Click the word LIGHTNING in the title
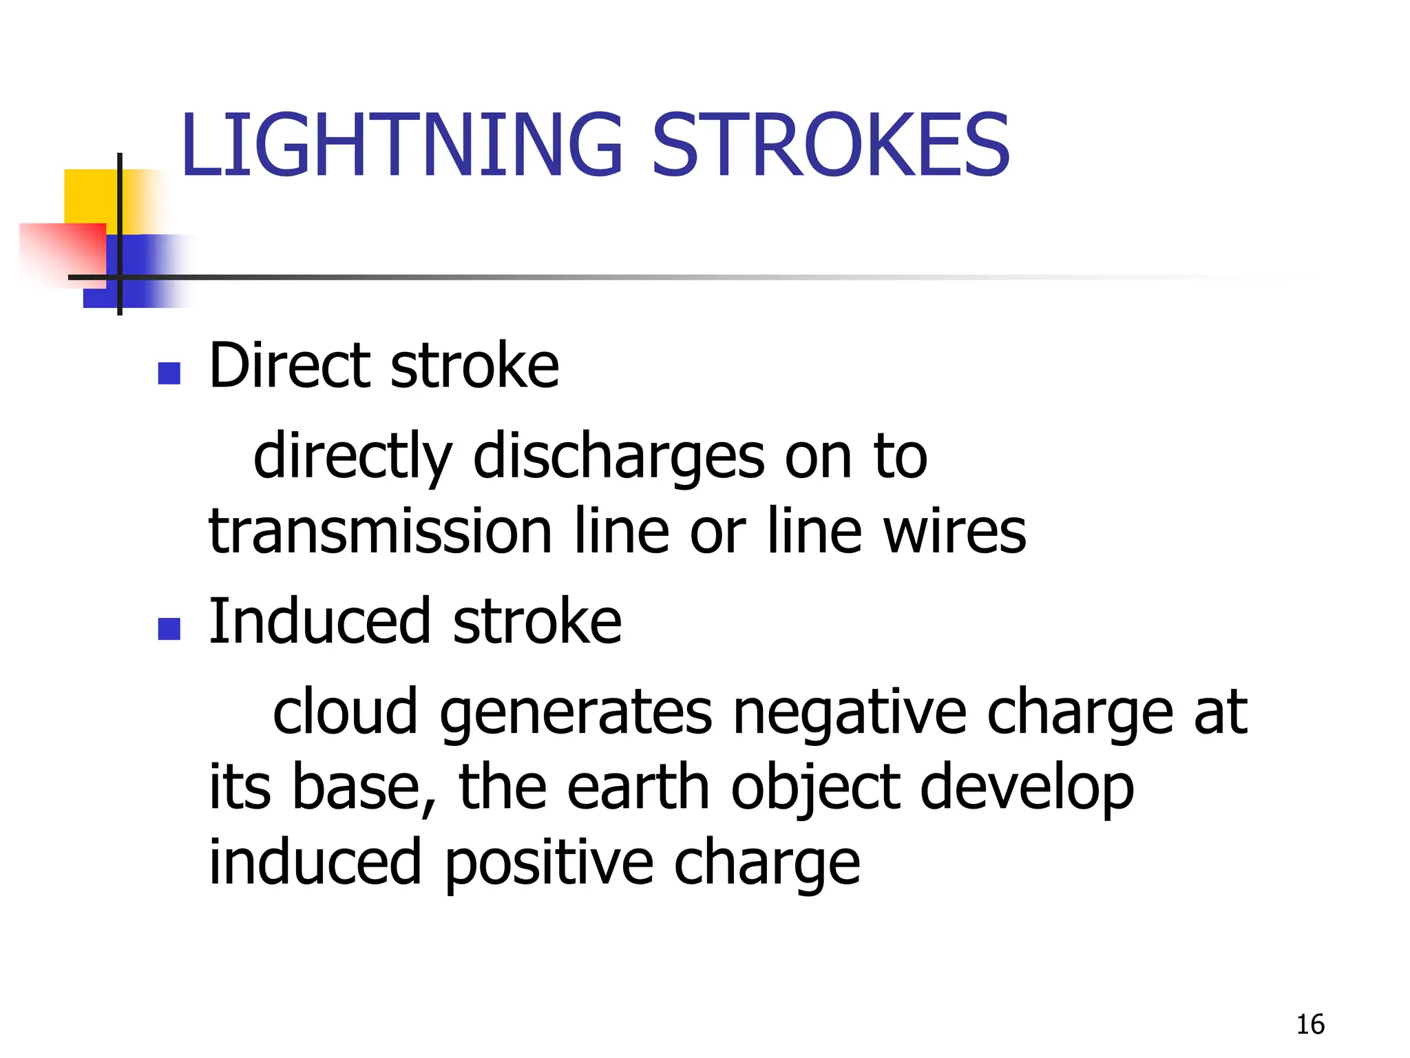coord(401,145)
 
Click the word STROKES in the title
coord(830,145)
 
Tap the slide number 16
coord(1310,1025)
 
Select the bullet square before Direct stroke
coord(169,373)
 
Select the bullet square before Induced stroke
coord(169,628)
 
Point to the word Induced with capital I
coord(320,621)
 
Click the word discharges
coord(619,456)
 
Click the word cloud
coord(345,712)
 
